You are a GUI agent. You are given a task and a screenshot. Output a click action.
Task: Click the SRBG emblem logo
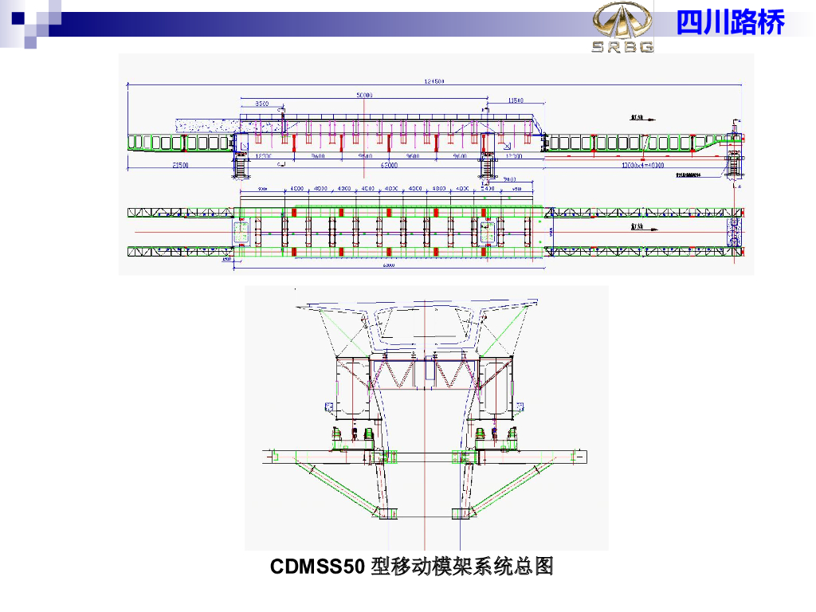(622, 25)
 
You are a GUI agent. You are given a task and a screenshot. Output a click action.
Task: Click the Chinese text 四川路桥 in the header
(730, 22)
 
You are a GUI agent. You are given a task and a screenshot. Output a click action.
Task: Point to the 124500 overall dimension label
(433, 81)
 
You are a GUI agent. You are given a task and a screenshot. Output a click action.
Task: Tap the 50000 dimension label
(364, 96)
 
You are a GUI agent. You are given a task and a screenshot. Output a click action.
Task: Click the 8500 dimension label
(261, 104)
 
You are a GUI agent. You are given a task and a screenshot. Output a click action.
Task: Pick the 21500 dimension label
(180, 165)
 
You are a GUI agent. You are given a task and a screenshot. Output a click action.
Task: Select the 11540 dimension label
(516, 100)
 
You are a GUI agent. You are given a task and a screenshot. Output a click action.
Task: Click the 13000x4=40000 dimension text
(642, 165)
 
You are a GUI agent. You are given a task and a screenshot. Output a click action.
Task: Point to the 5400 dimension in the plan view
(488, 189)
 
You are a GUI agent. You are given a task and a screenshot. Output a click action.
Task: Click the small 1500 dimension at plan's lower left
(226, 260)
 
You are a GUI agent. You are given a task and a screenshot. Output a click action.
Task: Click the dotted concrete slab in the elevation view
(206, 125)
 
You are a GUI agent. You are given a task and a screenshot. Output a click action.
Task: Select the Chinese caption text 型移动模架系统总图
(462, 567)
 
